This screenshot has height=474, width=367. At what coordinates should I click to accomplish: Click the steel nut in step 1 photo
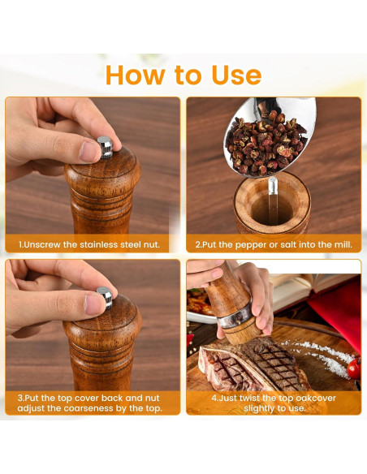(106, 147)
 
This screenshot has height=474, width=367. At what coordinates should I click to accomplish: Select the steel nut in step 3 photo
(105, 297)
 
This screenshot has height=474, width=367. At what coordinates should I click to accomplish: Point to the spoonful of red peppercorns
(267, 142)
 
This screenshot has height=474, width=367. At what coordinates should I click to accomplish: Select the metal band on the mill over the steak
(235, 317)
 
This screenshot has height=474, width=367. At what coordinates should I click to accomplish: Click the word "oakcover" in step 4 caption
(316, 398)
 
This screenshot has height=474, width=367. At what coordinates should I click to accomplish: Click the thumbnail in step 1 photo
(89, 151)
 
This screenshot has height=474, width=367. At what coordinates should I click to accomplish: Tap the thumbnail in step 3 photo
(95, 304)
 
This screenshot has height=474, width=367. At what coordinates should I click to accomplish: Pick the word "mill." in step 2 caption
(343, 244)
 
